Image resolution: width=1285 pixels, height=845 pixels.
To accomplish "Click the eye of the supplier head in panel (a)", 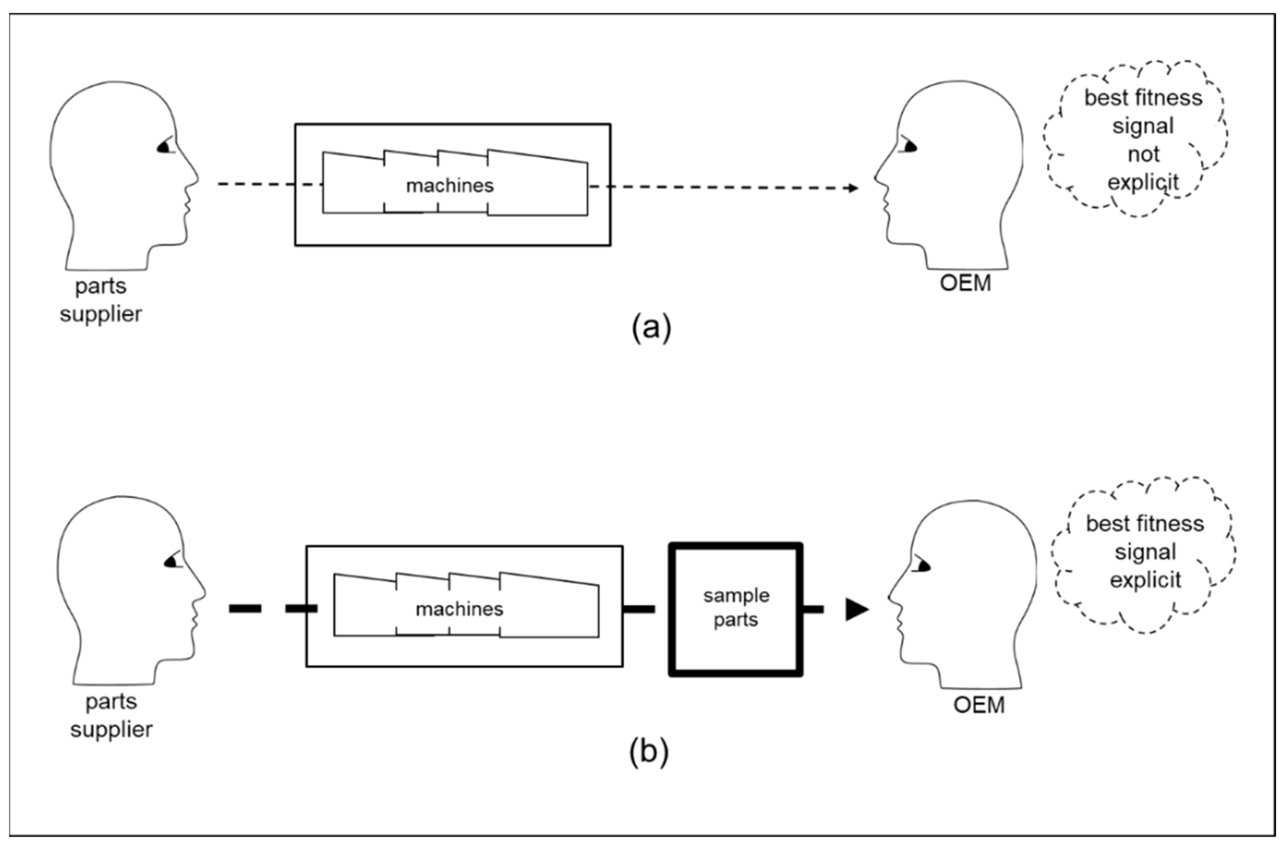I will coord(166,146).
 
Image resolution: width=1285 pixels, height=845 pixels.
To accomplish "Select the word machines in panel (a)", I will coord(450,186).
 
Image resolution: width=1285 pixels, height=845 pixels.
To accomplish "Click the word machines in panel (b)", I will coord(459,609).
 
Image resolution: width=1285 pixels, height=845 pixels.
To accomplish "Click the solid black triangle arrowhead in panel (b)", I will coord(856,609).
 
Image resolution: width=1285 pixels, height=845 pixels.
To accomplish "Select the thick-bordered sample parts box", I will coord(735,609).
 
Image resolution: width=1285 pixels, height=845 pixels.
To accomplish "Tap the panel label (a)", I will coord(651,327).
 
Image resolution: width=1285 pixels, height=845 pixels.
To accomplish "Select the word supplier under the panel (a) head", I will coord(101,314).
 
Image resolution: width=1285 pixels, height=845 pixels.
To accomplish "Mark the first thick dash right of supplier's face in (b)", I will coord(245,609).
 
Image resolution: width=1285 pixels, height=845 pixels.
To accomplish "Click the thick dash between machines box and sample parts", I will coord(639,609).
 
